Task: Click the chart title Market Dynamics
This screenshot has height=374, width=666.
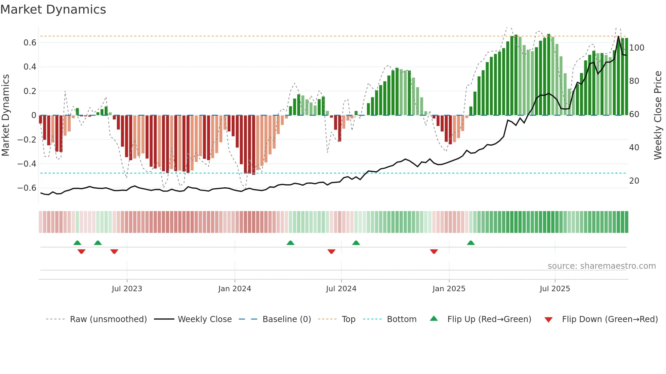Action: pyautogui.click(x=53, y=10)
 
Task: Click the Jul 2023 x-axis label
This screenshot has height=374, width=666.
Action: pyautogui.click(x=127, y=289)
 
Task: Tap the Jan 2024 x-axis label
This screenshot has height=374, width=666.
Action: pyautogui.click(x=234, y=289)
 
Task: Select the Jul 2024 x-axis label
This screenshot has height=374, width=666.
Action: pyautogui.click(x=341, y=289)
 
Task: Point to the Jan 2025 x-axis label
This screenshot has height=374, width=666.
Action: pyautogui.click(x=449, y=289)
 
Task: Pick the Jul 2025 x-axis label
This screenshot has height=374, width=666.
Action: pyautogui.click(x=555, y=289)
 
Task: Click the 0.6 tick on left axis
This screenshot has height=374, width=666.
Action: pyautogui.click(x=30, y=43)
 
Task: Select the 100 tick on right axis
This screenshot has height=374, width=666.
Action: pyautogui.click(x=636, y=48)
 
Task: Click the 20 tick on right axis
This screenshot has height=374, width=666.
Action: pyautogui.click(x=634, y=181)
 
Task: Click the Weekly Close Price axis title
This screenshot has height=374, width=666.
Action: pyautogui.click(x=658, y=115)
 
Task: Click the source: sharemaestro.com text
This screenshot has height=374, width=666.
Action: pyautogui.click(x=601, y=266)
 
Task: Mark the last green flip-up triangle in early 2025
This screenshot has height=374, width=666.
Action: pyautogui.click(x=471, y=243)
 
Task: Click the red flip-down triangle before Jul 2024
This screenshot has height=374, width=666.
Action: pyautogui.click(x=331, y=251)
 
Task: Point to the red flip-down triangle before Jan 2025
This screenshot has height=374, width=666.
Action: pyautogui.click(x=434, y=251)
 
